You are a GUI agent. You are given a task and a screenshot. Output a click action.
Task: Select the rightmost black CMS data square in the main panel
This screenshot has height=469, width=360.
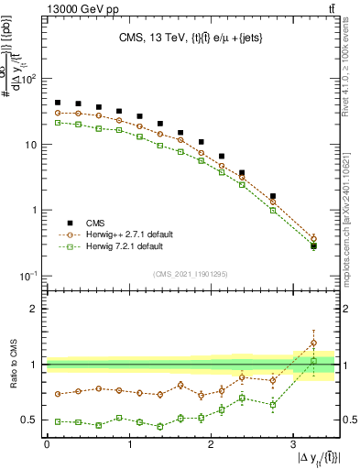313,245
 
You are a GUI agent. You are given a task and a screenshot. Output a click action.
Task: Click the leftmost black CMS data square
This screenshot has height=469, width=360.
58,103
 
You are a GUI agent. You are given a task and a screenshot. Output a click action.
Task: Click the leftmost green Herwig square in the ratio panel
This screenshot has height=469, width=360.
58,421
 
